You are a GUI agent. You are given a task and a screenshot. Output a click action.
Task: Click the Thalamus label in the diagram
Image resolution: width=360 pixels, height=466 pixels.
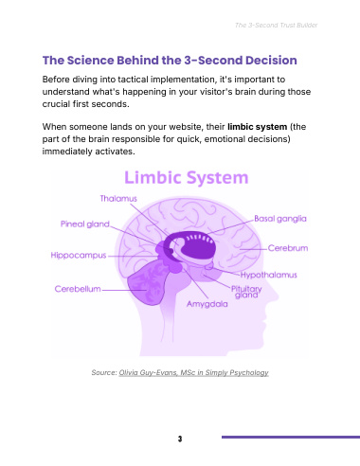click(118, 199)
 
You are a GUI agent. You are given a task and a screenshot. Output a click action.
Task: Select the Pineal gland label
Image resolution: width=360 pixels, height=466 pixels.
click(85, 224)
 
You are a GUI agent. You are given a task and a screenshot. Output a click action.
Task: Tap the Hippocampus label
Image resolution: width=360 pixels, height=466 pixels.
click(79, 256)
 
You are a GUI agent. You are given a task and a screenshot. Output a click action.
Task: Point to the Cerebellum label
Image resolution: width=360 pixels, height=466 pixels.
click(78, 289)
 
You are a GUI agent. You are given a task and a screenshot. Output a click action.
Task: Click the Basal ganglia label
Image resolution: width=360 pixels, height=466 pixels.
click(280, 219)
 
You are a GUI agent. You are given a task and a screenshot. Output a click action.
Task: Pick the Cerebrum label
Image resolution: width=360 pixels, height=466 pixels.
click(288, 248)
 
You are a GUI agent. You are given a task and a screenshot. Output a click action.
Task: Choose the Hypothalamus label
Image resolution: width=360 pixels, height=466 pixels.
click(269, 275)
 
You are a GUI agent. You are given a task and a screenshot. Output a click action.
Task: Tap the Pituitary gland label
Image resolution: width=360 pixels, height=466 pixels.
click(246, 292)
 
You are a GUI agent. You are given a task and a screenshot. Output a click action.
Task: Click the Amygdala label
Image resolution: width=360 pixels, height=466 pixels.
click(207, 304)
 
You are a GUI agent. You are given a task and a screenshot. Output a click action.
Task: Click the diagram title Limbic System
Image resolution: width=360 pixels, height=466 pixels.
click(187, 177)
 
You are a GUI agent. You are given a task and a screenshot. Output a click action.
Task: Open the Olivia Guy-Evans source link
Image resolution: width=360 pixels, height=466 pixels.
click(193, 372)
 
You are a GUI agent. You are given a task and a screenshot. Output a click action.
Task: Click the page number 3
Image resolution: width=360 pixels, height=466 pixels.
click(180, 439)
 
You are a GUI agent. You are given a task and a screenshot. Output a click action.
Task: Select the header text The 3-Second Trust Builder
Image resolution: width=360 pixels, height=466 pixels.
click(276, 26)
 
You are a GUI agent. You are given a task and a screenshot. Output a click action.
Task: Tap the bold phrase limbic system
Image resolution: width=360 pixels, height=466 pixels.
click(258, 127)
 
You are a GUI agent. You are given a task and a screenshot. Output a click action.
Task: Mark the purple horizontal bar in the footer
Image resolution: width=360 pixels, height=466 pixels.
click(291, 438)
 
